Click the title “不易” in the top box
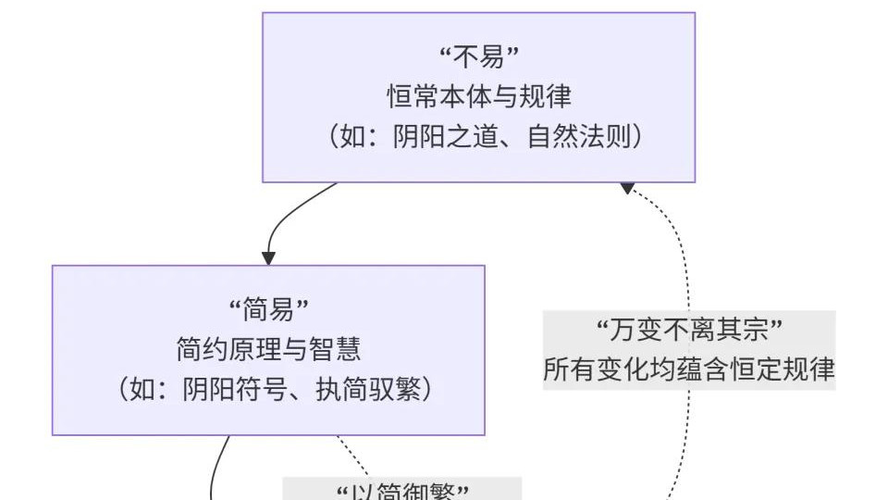click(x=478, y=57)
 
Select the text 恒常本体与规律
click(x=478, y=96)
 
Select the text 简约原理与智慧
click(x=268, y=349)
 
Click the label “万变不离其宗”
click(x=689, y=330)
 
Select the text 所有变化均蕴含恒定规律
click(x=689, y=370)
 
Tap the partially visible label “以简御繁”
click(x=401, y=491)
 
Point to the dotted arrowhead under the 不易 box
click(x=627, y=188)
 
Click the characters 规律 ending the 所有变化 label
click(x=814, y=370)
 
